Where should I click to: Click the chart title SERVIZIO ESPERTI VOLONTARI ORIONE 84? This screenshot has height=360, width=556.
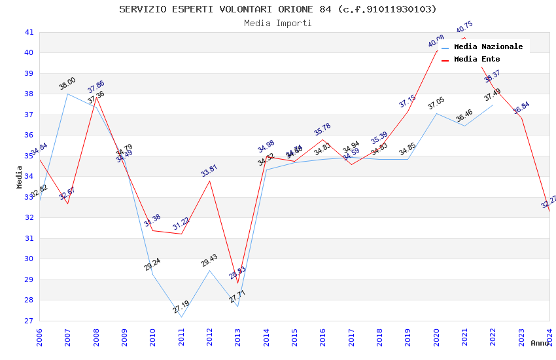tap(278, 9)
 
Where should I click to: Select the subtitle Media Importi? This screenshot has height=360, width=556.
tap(278, 24)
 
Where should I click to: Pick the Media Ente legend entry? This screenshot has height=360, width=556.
tap(477, 60)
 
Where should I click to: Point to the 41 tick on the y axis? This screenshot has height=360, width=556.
tap(29, 32)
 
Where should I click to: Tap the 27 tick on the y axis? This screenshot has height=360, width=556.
tap(29, 321)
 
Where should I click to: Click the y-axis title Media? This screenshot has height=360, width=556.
tap(20, 177)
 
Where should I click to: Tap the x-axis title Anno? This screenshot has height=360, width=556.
tap(540, 343)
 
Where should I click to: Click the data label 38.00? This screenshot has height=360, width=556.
tap(67, 84)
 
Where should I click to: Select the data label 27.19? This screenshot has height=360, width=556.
tap(181, 307)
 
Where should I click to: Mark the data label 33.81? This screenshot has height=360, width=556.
tap(209, 171)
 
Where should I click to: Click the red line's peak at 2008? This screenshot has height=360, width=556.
tap(96, 97)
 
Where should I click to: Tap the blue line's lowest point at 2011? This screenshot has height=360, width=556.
tap(181, 317)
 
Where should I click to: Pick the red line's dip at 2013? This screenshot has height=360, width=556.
tap(237, 283)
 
